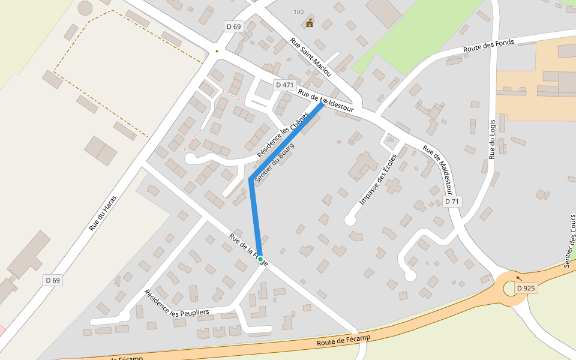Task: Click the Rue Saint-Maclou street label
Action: point(311,57)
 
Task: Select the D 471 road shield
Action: point(284,85)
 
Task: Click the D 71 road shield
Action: point(452,202)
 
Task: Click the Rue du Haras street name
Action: point(103,213)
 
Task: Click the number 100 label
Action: point(299,12)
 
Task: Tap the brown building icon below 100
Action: point(310,23)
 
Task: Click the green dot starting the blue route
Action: point(260,259)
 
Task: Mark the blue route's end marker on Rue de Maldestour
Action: point(323,103)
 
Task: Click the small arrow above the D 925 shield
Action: point(519,278)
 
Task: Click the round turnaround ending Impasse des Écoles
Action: point(350,220)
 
